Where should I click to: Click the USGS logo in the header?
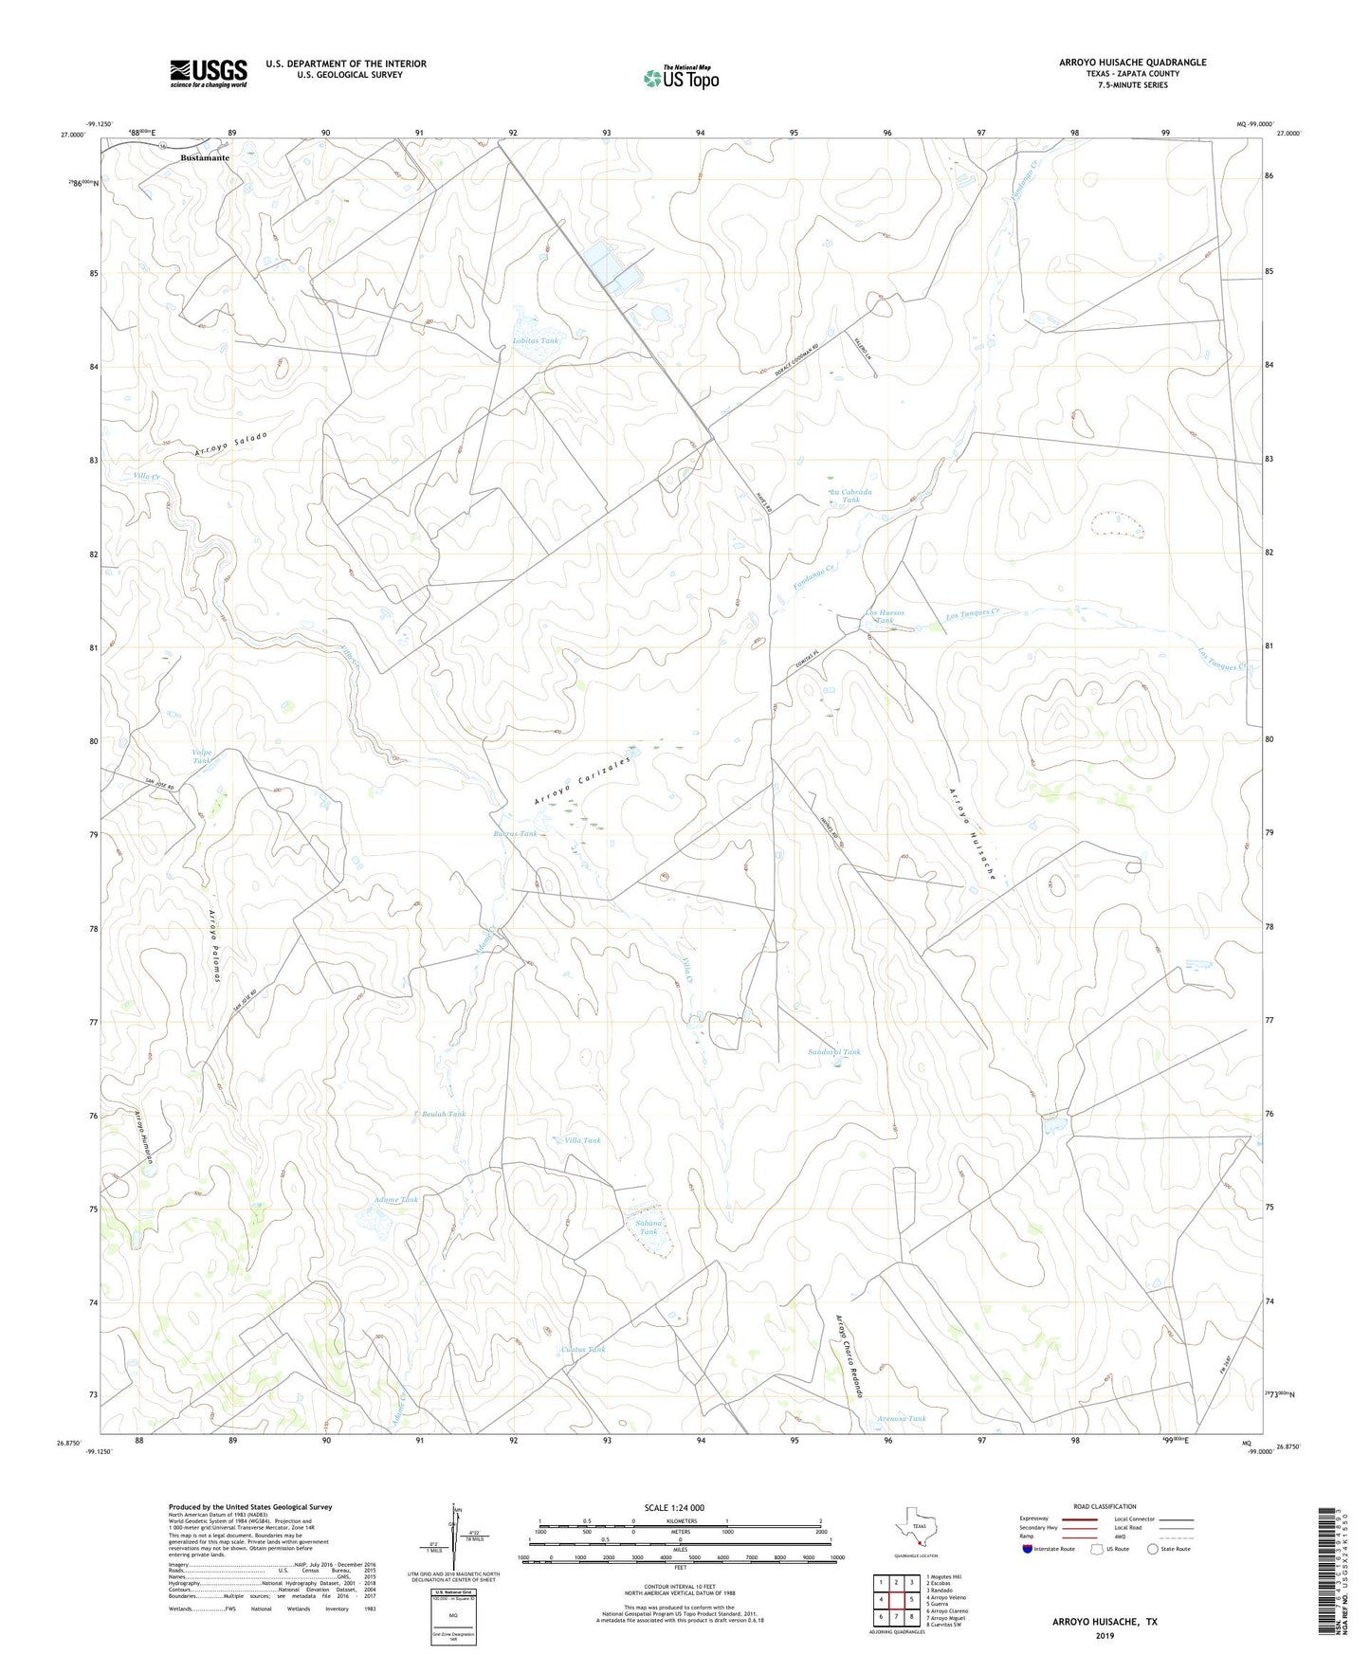[x=208, y=73]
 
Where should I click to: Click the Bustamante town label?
[x=205, y=158]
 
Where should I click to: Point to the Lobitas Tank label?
[x=535, y=339]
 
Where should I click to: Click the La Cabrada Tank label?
[x=850, y=496]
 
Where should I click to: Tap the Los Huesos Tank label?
[x=886, y=617]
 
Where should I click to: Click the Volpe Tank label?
[x=203, y=756]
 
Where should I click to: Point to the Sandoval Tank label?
[x=834, y=1052]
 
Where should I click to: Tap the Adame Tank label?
[x=396, y=1200]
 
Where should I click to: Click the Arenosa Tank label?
[x=901, y=1419]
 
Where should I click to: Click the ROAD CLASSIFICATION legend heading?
[x=1105, y=1506]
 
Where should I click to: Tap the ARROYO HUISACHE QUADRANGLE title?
[x=1132, y=63]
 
